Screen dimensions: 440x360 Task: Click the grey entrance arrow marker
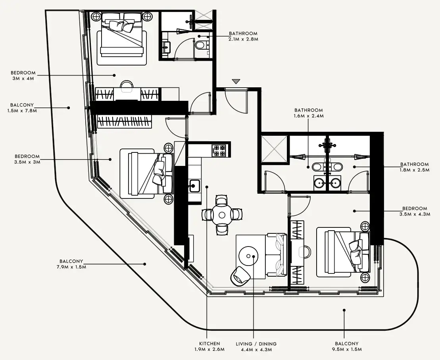[236, 81]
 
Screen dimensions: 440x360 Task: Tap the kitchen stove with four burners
[219, 150]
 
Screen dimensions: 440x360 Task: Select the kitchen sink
[194, 186]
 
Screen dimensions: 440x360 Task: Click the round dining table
[222, 215]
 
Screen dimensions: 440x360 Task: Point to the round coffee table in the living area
[249, 256]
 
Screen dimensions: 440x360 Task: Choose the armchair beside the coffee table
[240, 275]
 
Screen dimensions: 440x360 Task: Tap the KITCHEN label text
[209, 343]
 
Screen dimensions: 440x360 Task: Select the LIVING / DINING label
[256, 344]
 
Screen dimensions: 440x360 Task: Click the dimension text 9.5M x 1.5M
[346, 349]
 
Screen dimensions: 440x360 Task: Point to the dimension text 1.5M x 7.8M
[22, 111]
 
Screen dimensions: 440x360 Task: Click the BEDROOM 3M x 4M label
[23, 75]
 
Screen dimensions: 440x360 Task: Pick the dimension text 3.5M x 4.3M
[415, 214]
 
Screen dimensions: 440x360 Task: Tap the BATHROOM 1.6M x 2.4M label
[309, 113]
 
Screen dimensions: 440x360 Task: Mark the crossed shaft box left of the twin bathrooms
[274, 149]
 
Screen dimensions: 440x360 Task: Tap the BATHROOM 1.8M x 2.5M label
[415, 167]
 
